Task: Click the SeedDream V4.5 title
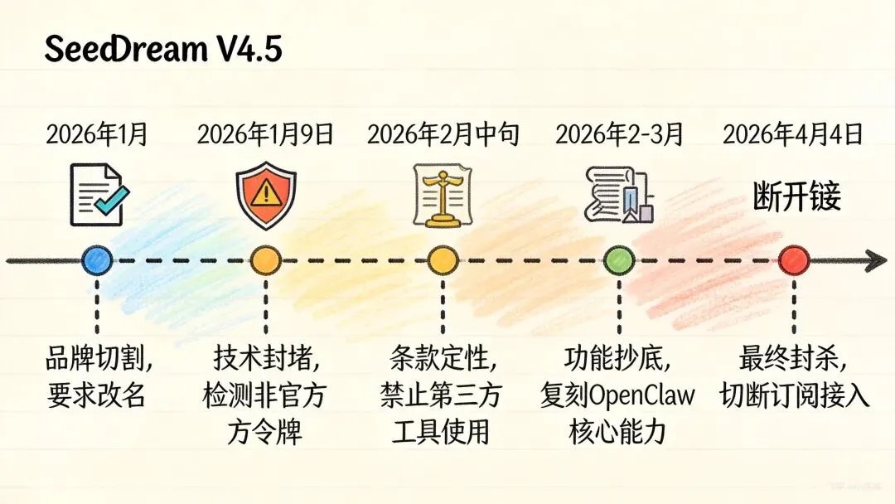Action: pos(163,50)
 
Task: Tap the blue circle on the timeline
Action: pos(97,260)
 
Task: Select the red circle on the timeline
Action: pos(794,260)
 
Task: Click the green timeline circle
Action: pos(619,260)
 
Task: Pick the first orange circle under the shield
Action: pos(265,260)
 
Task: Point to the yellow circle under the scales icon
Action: pos(442,260)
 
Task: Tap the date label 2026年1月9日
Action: pos(265,134)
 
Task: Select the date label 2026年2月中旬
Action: pos(443,134)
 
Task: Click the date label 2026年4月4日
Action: pos(793,134)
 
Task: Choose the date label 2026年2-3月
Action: pos(619,134)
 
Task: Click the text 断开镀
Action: pos(796,197)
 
